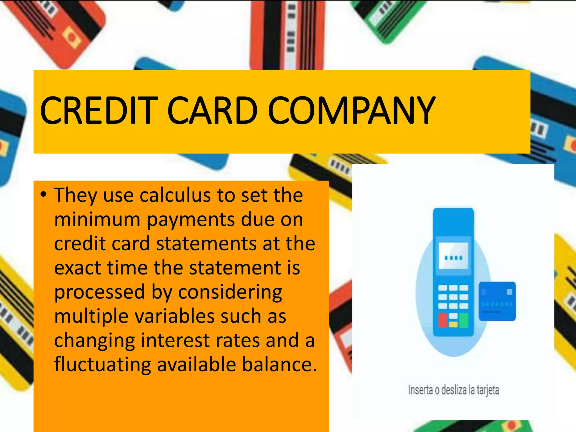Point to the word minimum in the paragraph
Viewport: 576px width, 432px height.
click(x=97, y=219)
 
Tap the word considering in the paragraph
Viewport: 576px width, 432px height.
click(x=230, y=292)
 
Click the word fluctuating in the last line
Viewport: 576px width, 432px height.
click(x=103, y=365)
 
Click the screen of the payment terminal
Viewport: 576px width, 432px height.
click(x=453, y=256)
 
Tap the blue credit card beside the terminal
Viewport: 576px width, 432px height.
click(x=497, y=301)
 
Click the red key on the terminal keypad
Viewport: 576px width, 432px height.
click(x=443, y=321)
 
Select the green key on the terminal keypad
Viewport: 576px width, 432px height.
click(x=464, y=321)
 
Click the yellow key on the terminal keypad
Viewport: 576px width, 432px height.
click(x=453, y=324)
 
